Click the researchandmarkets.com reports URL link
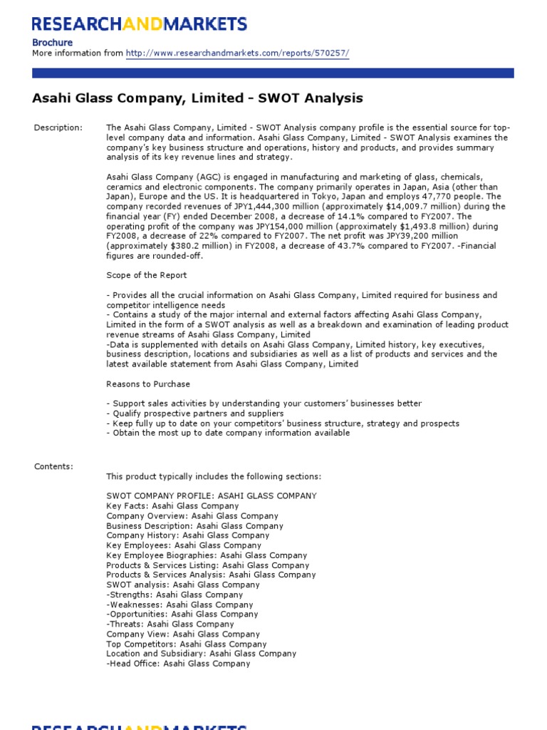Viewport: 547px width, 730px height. coord(237,53)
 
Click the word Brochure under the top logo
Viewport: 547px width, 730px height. coord(53,42)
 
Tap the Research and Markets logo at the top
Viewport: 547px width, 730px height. coord(140,24)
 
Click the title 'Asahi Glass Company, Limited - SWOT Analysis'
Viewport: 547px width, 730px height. coord(197,98)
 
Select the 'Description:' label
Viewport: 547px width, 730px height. coord(58,128)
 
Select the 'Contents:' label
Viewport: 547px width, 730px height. coord(53,466)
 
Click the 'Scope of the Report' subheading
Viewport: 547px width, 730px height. coord(147,275)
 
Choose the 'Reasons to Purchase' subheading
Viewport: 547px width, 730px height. coord(148,384)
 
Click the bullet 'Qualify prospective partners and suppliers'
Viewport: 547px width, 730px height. coord(195,413)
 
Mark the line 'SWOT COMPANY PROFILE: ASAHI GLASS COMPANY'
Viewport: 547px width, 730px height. coord(212,495)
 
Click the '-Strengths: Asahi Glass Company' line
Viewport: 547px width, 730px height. coord(174,595)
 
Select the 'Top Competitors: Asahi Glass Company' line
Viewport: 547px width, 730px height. coord(187,644)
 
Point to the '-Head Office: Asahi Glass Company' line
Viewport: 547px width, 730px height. coord(178,664)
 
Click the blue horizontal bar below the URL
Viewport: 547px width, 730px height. coord(273,73)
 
